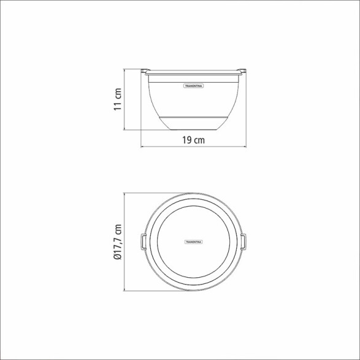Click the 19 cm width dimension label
click(193, 140)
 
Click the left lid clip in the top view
click(144, 242)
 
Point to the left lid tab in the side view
click(145, 72)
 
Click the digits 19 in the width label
click(186, 140)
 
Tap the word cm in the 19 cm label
click(199, 140)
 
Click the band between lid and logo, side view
click(193, 78)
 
